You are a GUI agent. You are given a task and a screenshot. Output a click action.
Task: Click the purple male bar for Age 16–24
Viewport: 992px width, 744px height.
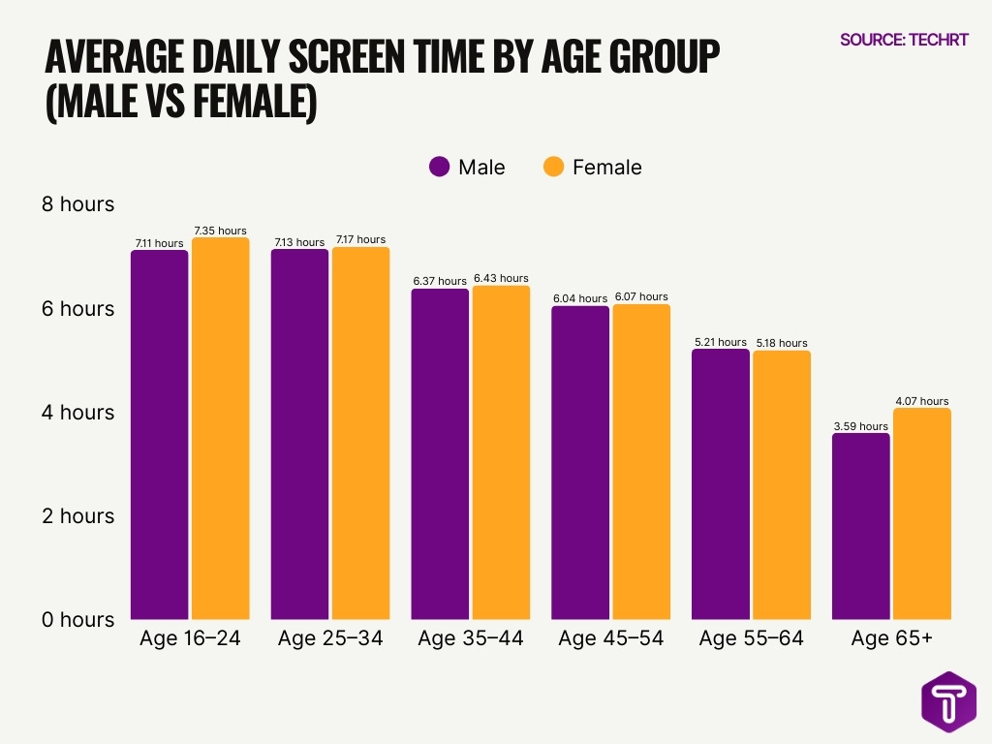160,436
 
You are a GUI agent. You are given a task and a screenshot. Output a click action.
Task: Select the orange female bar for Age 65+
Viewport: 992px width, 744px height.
921,513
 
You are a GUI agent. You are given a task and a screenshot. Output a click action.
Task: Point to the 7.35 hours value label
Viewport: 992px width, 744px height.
220,231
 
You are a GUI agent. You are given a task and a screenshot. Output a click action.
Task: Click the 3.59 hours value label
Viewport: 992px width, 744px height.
860,426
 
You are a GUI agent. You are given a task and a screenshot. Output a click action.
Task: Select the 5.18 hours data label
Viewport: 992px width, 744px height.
781,343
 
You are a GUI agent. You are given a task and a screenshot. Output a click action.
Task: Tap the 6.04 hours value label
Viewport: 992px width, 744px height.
580,298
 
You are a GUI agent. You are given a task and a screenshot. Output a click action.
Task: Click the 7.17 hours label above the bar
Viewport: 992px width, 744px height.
360,239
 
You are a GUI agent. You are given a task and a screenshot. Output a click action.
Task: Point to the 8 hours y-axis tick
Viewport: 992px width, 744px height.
77,204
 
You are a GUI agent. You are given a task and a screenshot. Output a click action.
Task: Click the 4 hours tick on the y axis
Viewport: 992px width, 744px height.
77,413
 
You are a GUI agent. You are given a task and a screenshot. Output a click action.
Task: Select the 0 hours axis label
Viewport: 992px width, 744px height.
77,620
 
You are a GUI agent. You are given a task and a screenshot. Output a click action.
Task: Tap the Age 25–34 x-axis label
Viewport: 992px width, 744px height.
330,639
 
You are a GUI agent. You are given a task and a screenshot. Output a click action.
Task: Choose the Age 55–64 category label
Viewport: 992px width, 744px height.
751,639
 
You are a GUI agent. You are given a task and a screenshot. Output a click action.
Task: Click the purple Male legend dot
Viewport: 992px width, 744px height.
440,167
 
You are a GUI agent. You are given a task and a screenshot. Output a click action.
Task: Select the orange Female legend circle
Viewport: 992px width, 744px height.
553,167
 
